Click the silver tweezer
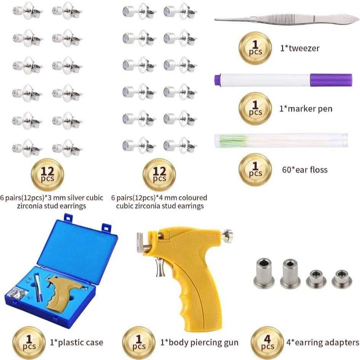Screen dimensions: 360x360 pos(286,18)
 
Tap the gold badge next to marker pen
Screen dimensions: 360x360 pos(255,109)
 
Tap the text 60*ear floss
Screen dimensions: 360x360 pos(303,169)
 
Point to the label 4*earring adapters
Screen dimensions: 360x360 pos(322,342)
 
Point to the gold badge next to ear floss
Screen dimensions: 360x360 pos(255,169)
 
